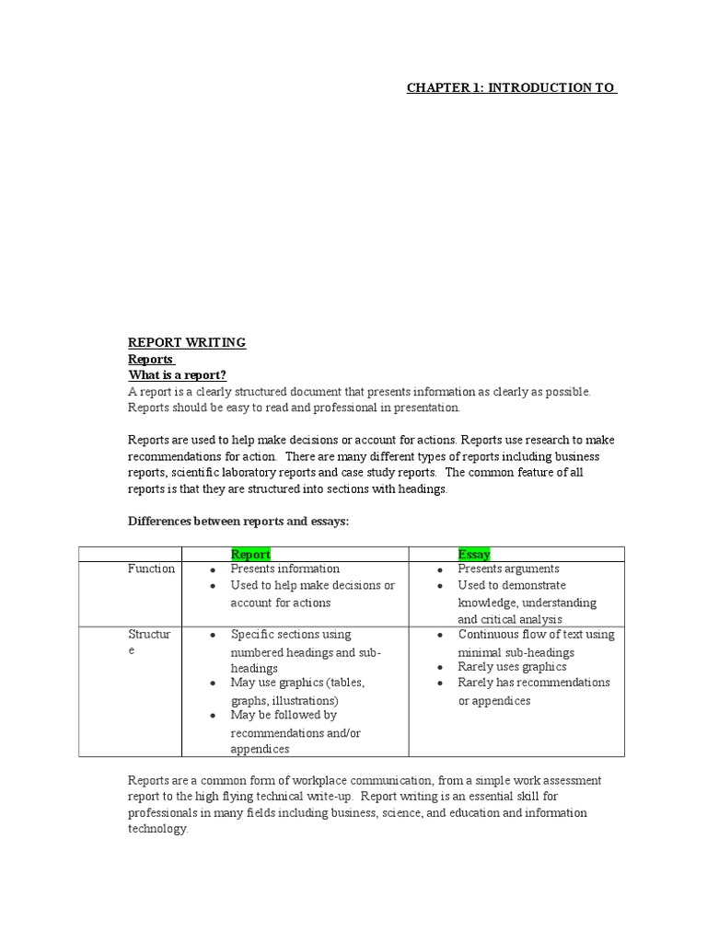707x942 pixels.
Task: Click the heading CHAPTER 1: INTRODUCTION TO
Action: coord(511,88)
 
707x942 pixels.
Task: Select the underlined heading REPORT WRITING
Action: coord(187,343)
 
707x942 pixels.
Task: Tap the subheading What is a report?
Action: coord(177,375)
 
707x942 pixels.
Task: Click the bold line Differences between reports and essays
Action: coord(238,522)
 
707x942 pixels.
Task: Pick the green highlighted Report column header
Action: coord(250,554)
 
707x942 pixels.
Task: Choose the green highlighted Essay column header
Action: coord(474,554)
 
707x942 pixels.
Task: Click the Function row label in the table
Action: coord(151,569)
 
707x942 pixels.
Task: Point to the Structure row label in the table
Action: coord(148,642)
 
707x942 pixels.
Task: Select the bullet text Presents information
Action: coord(284,569)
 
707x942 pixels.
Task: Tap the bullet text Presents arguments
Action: coord(508,569)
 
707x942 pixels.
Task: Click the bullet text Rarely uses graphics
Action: coord(512,667)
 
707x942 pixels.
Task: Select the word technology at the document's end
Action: coord(157,829)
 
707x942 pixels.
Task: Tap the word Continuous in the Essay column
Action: coord(488,635)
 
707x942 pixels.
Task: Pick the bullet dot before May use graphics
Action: coord(213,684)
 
